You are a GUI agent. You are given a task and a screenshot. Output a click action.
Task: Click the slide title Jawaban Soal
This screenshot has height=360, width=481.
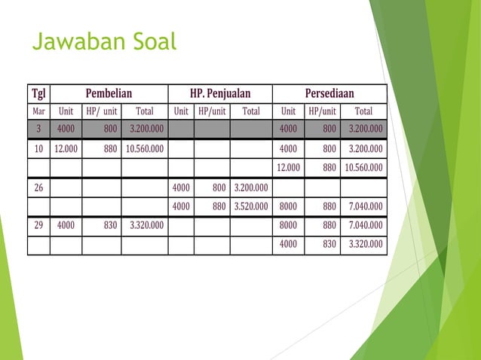(x=104, y=42)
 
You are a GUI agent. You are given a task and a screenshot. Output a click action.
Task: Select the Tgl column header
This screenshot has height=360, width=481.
(x=38, y=93)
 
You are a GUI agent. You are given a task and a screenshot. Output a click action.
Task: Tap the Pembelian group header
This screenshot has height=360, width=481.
(x=109, y=93)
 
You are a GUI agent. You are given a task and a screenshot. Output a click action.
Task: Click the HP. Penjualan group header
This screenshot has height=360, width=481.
(x=220, y=93)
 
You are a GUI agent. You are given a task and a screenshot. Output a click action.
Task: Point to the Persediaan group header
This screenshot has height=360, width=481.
(x=329, y=93)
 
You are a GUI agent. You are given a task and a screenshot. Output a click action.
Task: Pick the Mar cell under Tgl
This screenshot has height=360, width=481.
(x=38, y=111)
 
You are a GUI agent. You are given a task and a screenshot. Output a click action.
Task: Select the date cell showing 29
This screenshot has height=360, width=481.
(x=38, y=225)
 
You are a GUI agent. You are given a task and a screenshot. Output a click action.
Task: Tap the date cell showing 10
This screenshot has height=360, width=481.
(x=38, y=149)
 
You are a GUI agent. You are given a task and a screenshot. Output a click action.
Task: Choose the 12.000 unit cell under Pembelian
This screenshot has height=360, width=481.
(x=66, y=149)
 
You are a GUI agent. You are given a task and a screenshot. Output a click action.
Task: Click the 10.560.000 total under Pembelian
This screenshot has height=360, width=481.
(x=144, y=149)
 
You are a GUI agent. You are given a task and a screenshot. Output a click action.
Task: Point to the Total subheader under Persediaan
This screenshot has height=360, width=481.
(x=363, y=111)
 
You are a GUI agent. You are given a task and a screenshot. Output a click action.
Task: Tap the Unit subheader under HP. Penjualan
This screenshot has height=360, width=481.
(x=181, y=111)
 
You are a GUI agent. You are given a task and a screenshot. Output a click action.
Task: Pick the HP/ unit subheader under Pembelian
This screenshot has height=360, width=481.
(x=101, y=111)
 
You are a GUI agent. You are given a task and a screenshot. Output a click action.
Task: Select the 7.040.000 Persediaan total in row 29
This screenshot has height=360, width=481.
(x=363, y=225)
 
